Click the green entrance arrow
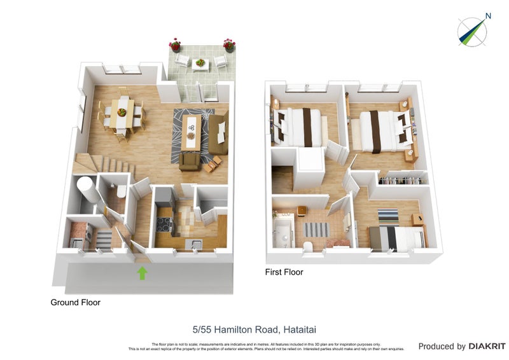pos(142,273)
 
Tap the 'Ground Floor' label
pos(75,303)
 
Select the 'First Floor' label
pos(284,272)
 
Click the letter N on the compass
pos(487,16)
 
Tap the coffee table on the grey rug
pos(190,130)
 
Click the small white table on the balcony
pos(200,64)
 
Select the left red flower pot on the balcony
pos(175,45)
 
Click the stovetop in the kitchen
pos(164,225)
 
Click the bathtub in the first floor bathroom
pos(282,231)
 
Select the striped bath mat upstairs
pos(316,229)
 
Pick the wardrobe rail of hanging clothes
pos(402,179)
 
